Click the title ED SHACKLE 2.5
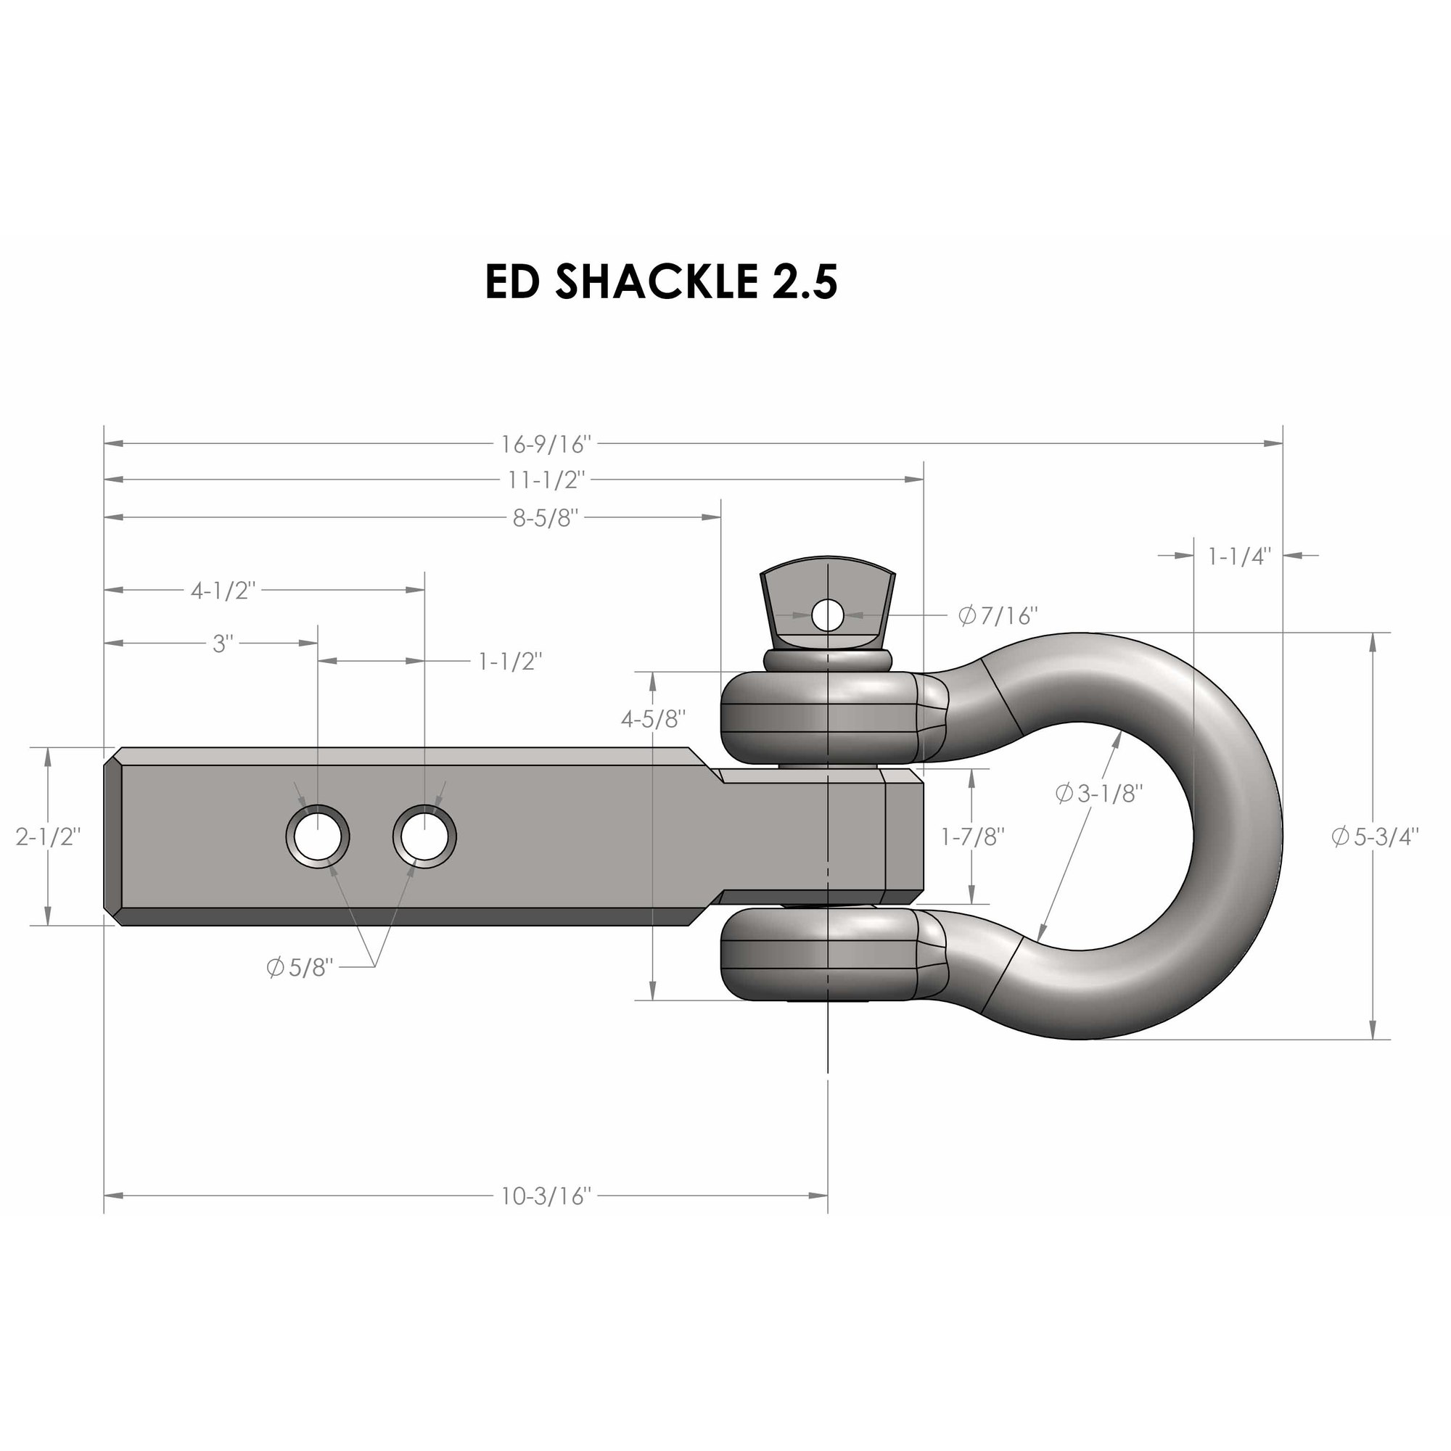pyautogui.click(x=661, y=282)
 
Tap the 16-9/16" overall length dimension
pyautogui.click(x=547, y=445)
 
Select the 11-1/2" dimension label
pyautogui.click(x=547, y=479)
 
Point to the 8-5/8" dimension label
pyautogui.click(x=546, y=517)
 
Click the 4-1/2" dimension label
pyautogui.click(x=223, y=591)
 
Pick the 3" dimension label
pyautogui.click(x=221, y=644)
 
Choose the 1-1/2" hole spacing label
pyautogui.click(x=510, y=662)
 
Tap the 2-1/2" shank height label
pyautogui.click(x=48, y=837)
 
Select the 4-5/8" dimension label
pyautogui.click(x=654, y=719)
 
